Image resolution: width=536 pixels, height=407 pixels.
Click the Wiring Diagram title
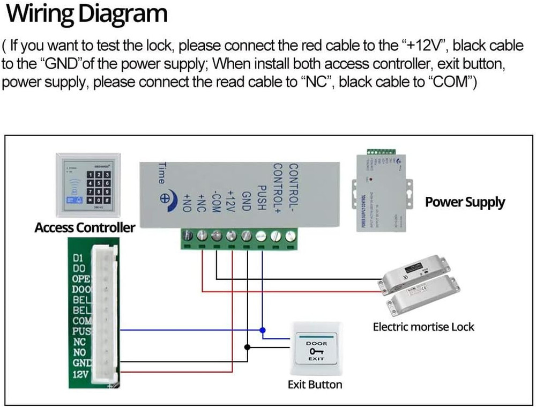[86, 14]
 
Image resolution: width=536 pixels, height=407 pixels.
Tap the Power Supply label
[465, 202]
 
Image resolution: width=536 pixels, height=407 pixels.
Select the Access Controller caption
[85, 227]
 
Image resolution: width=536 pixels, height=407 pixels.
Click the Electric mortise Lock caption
[423, 326]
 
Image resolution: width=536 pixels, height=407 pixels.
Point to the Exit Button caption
[315, 384]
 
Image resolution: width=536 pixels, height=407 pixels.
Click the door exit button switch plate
[315, 349]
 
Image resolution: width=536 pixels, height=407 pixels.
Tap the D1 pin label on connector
[78, 258]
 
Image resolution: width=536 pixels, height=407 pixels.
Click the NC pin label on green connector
[79, 341]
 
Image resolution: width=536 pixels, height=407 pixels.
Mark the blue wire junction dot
[262, 329]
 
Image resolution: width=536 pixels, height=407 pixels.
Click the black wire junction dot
[247, 347]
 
